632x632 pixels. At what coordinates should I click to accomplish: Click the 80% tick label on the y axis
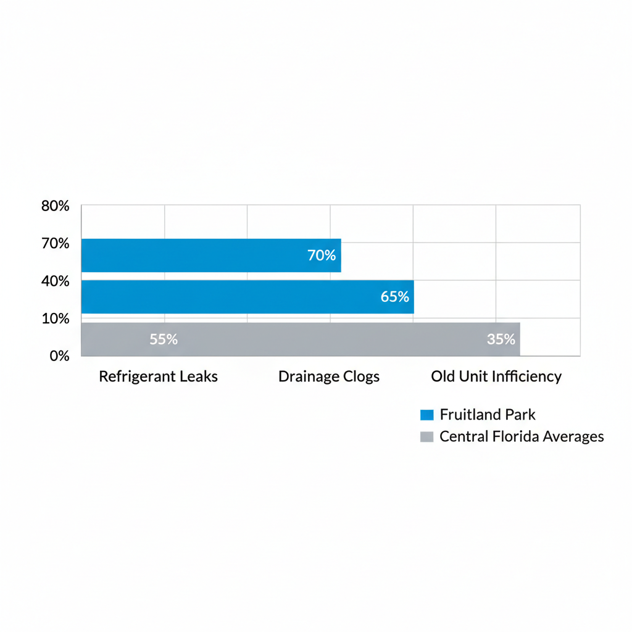click(55, 206)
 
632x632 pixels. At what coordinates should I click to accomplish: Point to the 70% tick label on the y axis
click(55, 243)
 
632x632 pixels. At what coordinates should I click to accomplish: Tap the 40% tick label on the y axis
click(55, 281)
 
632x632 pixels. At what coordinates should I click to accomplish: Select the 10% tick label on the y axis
click(55, 318)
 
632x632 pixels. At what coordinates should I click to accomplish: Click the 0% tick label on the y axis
click(59, 356)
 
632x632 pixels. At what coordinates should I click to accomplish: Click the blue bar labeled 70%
click(210, 255)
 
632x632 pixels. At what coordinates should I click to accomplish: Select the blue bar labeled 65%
click(247, 297)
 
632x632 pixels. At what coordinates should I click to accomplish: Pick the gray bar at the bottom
click(301, 339)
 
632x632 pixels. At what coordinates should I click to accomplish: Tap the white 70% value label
click(322, 255)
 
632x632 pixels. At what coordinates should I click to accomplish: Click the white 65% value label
click(395, 297)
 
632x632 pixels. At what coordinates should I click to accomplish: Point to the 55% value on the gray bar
click(164, 339)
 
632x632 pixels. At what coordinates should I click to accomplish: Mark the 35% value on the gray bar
click(501, 339)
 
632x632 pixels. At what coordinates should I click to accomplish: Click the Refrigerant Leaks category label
click(158, 376)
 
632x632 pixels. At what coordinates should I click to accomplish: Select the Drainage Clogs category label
click(329, 376)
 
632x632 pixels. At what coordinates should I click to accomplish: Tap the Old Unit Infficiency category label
click(496, 376)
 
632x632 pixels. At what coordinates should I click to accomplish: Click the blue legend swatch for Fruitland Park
click(426, 415)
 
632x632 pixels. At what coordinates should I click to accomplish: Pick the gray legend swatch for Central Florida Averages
click(426, 437)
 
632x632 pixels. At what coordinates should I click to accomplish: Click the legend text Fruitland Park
click(488, 415)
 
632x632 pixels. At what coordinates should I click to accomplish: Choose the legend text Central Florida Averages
click(522, 437)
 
